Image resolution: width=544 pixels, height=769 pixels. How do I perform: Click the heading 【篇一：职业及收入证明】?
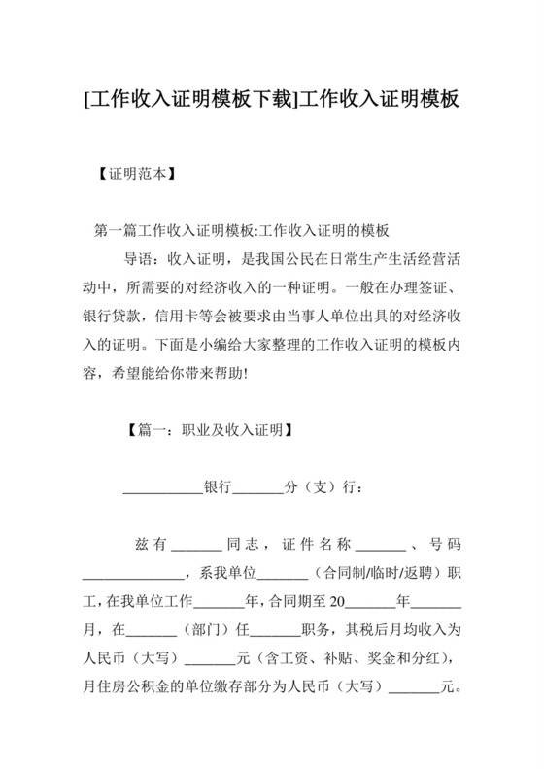coord(211,428)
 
